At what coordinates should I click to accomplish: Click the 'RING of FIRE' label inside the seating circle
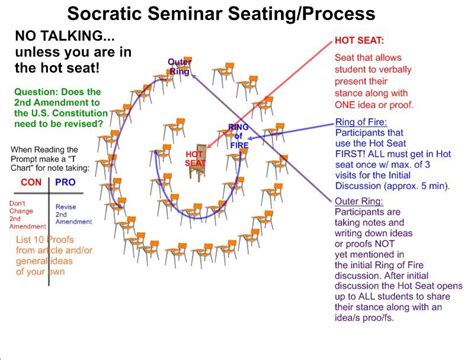click(x=239, y=134)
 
